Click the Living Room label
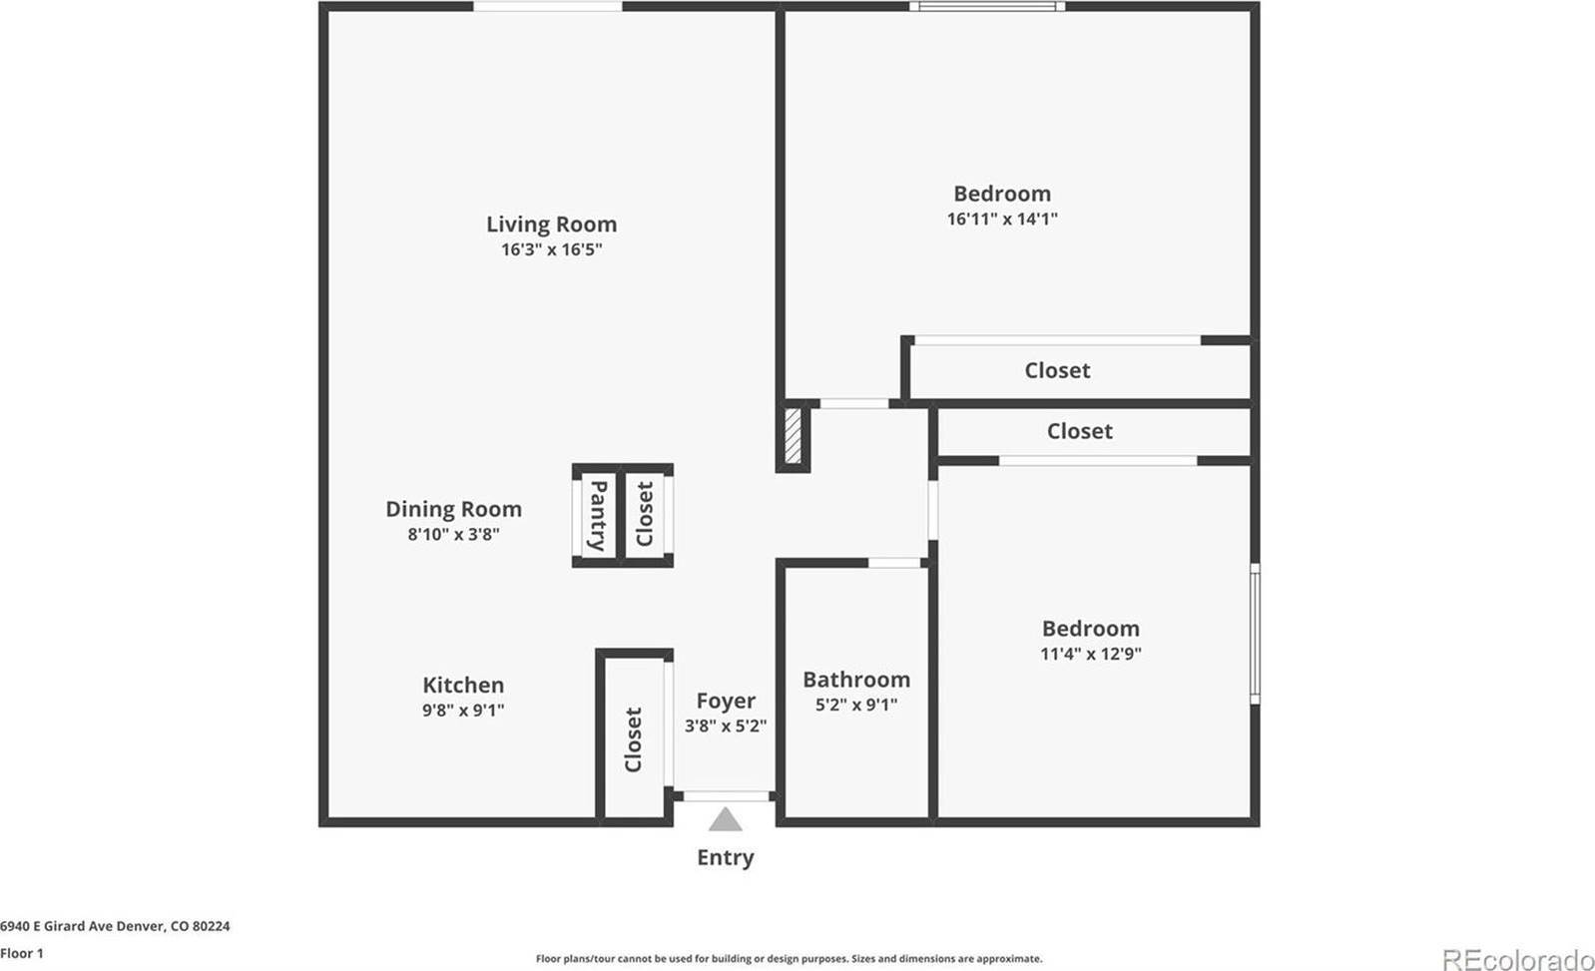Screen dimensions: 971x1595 click(551, 225)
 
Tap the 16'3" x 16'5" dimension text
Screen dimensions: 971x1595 click(551, 249)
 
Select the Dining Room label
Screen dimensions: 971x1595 click(453, 509)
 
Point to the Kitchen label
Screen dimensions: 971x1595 click(463, 686)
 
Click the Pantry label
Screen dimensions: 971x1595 click(597, 515)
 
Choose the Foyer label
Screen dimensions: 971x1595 click(726, 701)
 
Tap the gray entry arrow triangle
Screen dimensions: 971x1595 click(726, 820)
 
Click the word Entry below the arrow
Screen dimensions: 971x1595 click(726, 857)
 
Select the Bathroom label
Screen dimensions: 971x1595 click(856, 680)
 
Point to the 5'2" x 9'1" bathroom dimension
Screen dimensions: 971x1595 click(856, 705)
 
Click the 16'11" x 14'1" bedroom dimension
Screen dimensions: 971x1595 click(1002, 219)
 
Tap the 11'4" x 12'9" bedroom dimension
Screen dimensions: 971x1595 click(1090, 654)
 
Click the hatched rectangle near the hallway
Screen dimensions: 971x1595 click(794, 434)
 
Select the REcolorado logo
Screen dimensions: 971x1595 click(1517, 959)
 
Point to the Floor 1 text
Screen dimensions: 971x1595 click(22, 953)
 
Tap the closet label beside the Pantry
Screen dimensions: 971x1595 click(645, 514)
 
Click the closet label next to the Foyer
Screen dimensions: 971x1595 click(633, 739)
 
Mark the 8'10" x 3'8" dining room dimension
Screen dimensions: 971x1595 click(453, 534)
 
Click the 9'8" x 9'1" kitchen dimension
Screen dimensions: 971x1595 click(463, 711)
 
